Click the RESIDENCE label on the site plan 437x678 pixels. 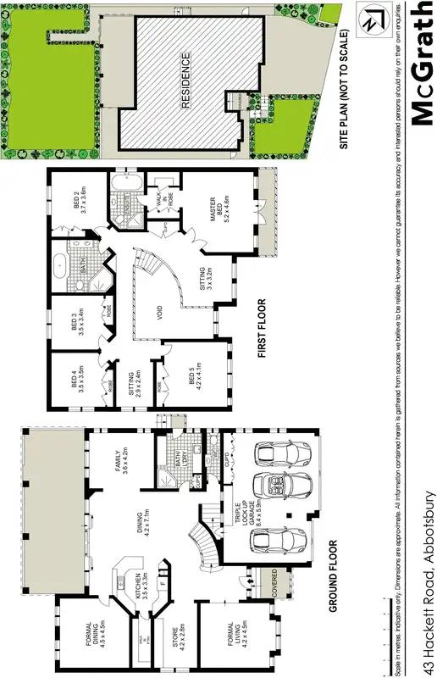[186, 82]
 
